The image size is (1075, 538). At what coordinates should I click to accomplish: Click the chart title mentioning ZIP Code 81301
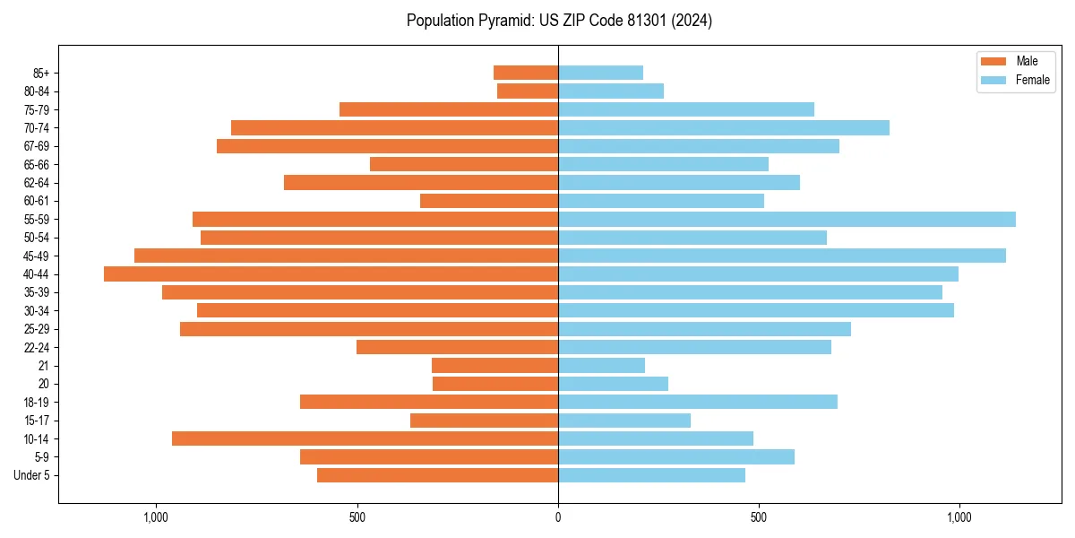(559, 21)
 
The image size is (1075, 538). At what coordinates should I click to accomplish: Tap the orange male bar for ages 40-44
(331, 273)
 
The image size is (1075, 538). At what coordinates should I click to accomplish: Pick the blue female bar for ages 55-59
(787, 219)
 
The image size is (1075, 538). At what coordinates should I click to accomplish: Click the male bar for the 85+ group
(526, 73)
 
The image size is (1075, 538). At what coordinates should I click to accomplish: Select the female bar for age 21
(601, 365)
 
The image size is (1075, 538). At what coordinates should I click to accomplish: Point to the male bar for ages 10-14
(365, 438)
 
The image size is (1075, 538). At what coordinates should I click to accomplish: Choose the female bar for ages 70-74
(724, 127)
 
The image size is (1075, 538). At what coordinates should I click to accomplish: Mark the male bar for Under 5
(437, 475)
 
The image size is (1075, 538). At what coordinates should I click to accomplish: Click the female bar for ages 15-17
(624, 421)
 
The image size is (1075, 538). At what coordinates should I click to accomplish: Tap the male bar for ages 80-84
(528, 91)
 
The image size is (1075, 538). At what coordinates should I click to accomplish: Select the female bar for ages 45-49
(782, 256)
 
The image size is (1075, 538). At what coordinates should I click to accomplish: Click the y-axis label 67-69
(36, 146)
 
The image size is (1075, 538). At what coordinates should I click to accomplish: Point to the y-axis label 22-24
(36, 347)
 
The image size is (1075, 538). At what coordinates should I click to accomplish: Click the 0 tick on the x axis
(558, 517)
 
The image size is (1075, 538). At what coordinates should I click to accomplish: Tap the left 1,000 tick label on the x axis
(156, 517)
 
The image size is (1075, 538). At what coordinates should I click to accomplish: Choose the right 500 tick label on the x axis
(759, 517)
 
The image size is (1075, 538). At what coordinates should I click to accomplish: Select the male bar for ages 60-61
(489, 201)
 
